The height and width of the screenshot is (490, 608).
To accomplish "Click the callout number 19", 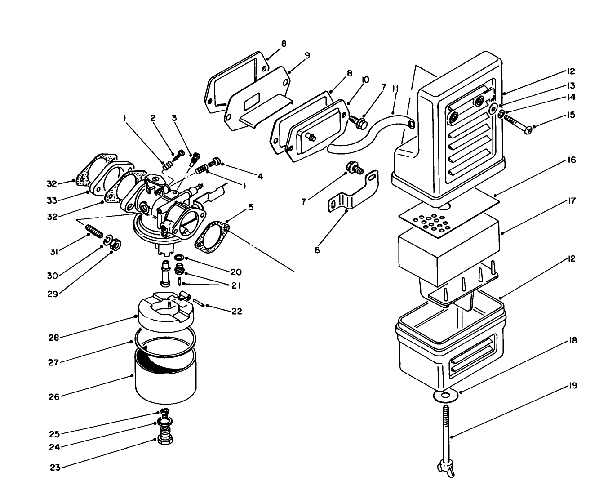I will coord(572,386).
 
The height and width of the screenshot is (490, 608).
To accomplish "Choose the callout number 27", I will coord(53,362).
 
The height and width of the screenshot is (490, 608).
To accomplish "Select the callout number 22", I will coord(237,311).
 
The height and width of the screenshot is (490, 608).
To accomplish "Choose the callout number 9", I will coord(307,55).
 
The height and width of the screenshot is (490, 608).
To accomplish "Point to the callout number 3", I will coord(174,118).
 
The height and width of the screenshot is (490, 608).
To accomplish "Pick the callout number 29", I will coord(53,294).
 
